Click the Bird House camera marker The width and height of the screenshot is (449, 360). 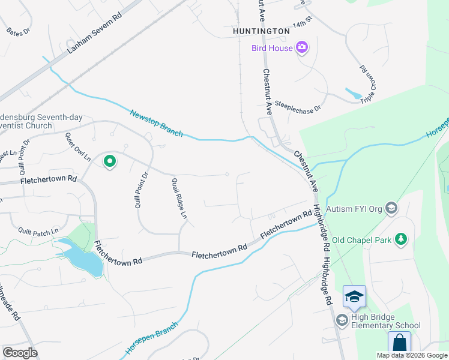(x=302, y=47)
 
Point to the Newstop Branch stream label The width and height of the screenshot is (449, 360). (x=155, y=122)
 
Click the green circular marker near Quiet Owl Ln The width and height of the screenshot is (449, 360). (x=110, y=161)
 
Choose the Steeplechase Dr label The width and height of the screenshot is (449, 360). (x=298, y=107)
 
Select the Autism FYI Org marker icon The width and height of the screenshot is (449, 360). (x=391, y=208)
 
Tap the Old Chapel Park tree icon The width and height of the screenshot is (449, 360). (x=400, y=240)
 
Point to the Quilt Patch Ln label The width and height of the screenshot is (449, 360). (x=38, y=230)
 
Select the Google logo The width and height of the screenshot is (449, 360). (x=20, y=353)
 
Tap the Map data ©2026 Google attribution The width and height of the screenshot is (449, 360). (x=412, y=355)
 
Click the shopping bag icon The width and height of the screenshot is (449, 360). (x=399, y=344)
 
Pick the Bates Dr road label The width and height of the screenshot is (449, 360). (x=18, y=31)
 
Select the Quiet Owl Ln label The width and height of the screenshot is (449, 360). (x=78, y=148)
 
